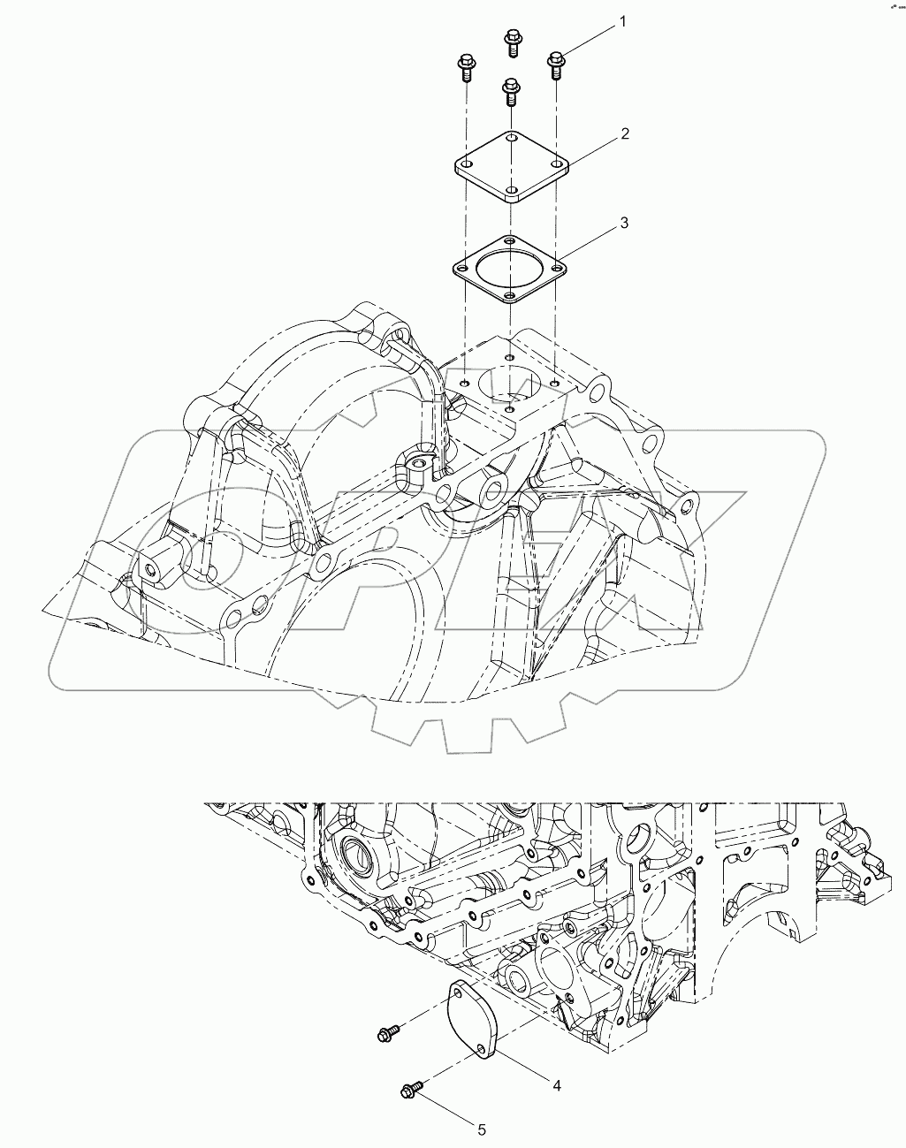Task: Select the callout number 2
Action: click(x=624, y=133)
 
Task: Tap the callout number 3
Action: click(x=624, y=223)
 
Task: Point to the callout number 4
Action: click(x=557, y=1084)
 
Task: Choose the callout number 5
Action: click(x=482, y=1129)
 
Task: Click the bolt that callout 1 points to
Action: click(x=556, y=62)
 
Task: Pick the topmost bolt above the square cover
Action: click(x=511, y=40)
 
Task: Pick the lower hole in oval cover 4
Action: click(x=482, y=1049)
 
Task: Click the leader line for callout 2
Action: click(x=593, y=148)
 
